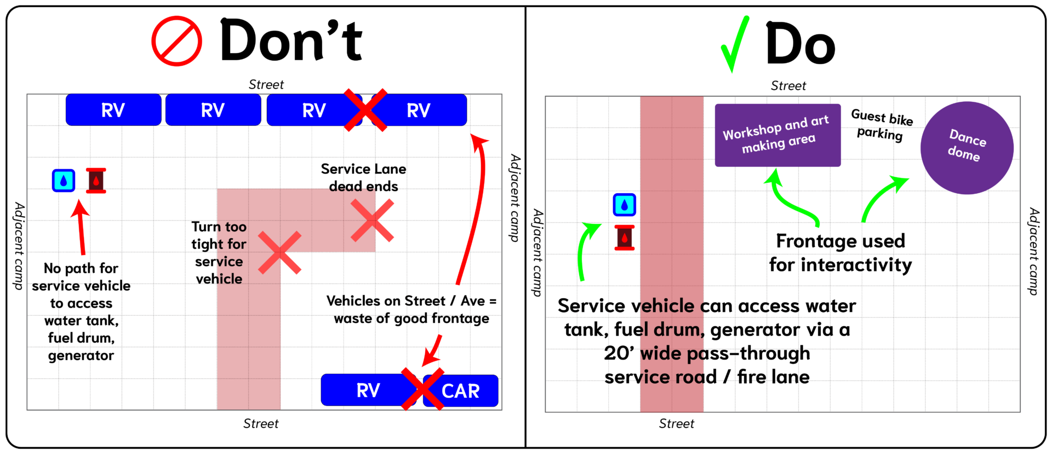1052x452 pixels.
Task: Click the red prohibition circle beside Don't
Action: pos(176,41)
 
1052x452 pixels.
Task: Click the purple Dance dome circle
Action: pos(967,147)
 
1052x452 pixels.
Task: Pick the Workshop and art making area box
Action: pos(777,135)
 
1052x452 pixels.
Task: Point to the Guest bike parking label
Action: pos(881,125)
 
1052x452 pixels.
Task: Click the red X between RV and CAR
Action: pos(422,389)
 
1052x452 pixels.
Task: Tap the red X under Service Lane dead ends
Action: pos(372,220)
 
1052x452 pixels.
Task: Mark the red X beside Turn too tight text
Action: pos(279,252)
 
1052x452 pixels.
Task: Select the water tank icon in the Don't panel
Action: pos(64,180)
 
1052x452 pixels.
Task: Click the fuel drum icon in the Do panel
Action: pos(625,237)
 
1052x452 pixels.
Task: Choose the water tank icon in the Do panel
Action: pos(625,205)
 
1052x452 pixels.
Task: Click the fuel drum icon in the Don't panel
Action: pos(96,180)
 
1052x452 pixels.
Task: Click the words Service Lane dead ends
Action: pos(363,177)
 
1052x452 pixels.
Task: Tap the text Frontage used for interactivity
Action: pos(841,253)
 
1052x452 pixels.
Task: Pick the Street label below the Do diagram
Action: pos(676,424)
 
